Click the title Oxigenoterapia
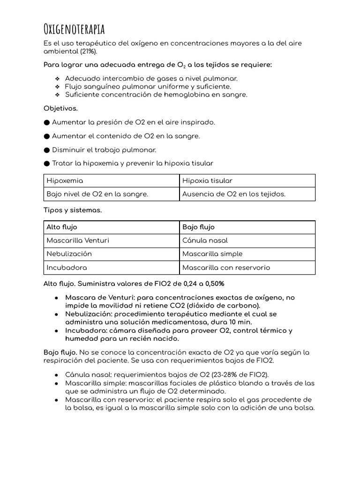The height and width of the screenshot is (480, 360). point(74,29)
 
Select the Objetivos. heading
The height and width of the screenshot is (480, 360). point(61,108)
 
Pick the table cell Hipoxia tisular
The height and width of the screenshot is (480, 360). point(207,180)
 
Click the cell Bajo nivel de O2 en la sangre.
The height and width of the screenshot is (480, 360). point(97,194)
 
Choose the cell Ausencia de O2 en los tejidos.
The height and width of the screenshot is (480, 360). point(233,194)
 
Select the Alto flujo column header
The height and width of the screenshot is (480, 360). point(62,227)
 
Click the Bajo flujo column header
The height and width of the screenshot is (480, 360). point(198,227)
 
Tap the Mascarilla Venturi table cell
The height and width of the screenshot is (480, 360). point(78,240)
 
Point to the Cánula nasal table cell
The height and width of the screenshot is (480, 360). point(205,240)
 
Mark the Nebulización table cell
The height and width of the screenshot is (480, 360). point(69,254)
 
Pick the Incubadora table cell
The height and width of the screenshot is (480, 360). point(67,268)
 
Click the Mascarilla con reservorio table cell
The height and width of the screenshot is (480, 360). point(226,268)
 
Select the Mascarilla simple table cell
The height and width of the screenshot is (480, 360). point(212,254)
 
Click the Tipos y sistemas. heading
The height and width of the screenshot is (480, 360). point(73,210)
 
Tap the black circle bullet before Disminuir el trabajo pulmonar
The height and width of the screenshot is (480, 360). point(46,150)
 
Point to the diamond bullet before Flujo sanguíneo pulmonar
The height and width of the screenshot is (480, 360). point(57,87)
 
